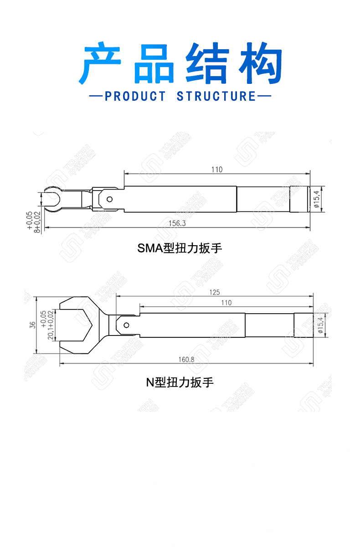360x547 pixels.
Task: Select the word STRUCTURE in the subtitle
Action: pyautogui.click(x=216, y=96)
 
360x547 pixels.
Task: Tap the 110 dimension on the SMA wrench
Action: pyautogui.click(x=217, y=170)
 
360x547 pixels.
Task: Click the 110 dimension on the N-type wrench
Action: pyautogui.click(x=226, y=303)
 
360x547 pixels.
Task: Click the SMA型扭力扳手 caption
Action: pyautogui.click(x=180, y=248)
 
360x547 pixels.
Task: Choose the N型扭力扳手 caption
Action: pyautogui.click(x=180, y=382)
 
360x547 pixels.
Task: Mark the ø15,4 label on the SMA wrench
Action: pyautogui.click(x=316, y=199)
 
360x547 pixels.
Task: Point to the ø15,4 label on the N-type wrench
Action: pyautogui.click(x=320, y=325)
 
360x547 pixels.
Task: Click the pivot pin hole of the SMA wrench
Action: pyautogui.click(x=109, y=199)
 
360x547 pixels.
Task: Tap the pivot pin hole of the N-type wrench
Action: pyautogui.click(x=126, y=325)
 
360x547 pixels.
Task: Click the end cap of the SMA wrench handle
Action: pyautogui.click(x=300, y=199)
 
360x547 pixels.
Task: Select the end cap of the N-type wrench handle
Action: pyautogui.click(x=304, y=325)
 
